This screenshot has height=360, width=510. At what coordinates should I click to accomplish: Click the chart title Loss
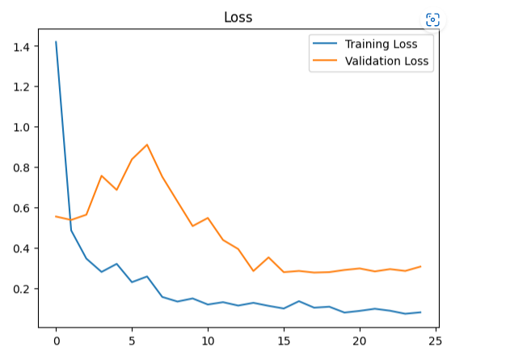pyautogui.click(x=238, y=17)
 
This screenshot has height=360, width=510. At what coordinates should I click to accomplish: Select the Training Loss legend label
pyautogui.click(x=381, y=44)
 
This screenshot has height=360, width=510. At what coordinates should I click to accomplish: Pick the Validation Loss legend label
pyautogui.click(x=386, y=60)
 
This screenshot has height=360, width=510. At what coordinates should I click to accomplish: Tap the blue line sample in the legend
pyautogui.click(x=325, y=44)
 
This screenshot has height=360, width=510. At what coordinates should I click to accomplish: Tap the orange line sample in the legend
pyautogui.click(x=325, y=60)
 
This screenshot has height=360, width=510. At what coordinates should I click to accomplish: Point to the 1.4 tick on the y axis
pyautogui.click(x=22, y=47)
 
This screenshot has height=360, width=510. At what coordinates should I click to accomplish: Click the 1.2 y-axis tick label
pyautogui.click(x=22, y=87)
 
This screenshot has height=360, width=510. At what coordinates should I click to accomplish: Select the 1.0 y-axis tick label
pyautogui.click(x=22, y=128)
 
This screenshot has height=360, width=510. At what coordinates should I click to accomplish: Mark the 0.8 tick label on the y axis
pyautogui.click(x=22, y=168)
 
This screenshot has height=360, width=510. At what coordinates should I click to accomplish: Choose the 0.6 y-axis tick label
pyautogui.click(x=22, y=209)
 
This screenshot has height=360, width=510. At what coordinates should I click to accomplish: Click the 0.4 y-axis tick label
pyautogui.click(x=22, y=249)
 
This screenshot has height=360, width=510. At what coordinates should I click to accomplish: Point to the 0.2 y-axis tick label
pyautogui.click(x=22, y=290)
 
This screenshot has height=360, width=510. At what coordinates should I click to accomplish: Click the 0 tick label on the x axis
pyautogui.click(x=56, y=341)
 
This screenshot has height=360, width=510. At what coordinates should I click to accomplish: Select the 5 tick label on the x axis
pyautogui.click(x=132, y=341)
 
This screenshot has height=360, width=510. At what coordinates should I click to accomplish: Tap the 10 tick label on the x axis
pyautogui.click(x=208, y=341)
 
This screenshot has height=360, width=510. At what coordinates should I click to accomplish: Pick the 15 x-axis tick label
pyautogui.click(x=284, y=341)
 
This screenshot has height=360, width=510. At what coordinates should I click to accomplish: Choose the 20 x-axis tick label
pyautogui.click(x=360, y=341)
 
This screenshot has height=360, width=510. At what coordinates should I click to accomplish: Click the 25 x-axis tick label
pyautogui.click(x=436, y=341)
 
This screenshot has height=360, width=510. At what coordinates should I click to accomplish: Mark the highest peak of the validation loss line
pyautogui.click(x=147, y=145)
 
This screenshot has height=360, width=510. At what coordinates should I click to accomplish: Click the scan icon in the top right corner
pyautogui.click(x=432, y=20)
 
